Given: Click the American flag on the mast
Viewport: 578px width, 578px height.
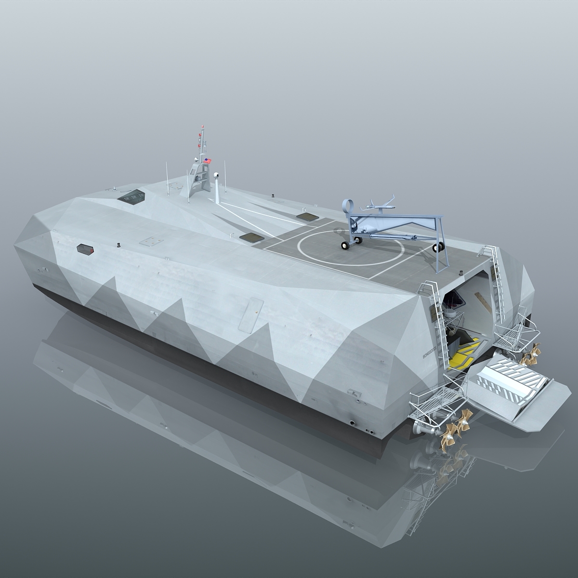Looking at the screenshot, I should [x=208, y=160].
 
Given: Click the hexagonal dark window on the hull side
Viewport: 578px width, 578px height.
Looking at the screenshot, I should [x=86, y=249].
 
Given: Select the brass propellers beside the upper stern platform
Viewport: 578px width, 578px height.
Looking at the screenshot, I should [x=529, y=357].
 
